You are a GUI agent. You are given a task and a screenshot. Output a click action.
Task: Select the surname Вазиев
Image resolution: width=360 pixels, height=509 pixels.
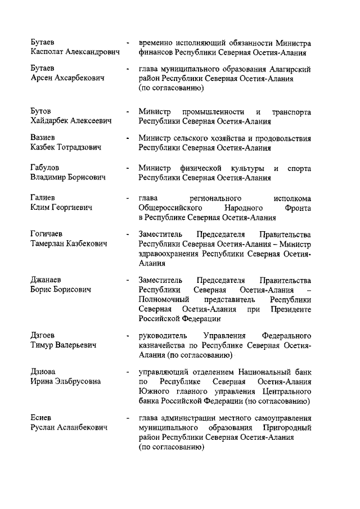pos(43,138)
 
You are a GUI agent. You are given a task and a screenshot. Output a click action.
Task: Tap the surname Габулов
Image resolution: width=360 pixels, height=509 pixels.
pos(45,168)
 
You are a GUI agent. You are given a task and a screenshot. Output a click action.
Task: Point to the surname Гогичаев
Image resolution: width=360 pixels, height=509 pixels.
pos(47,234)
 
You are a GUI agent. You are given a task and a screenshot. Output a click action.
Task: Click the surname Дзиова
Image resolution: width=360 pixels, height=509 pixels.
pos(43,372)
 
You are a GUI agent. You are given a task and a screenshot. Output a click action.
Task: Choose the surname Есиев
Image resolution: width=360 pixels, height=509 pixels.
pos(41,418)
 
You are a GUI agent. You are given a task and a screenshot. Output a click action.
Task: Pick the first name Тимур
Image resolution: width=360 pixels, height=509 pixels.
pos(42,345)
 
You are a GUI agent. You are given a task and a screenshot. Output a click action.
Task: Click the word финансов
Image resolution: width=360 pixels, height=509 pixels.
pos(156,53)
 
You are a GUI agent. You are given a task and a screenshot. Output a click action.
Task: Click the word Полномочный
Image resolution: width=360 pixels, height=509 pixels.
pos(164,299)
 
